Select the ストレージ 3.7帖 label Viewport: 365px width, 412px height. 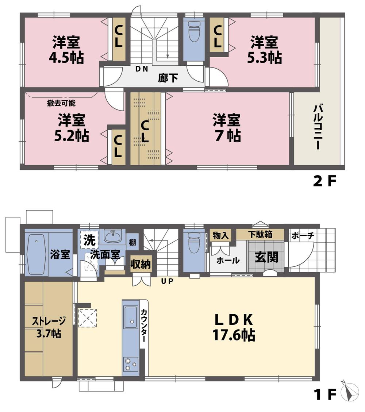[x=49, y=327]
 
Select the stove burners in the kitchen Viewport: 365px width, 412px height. [x=130, y=363]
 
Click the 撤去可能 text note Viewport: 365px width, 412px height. [x=61, y=103]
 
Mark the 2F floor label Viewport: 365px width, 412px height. [x=324, y=181]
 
